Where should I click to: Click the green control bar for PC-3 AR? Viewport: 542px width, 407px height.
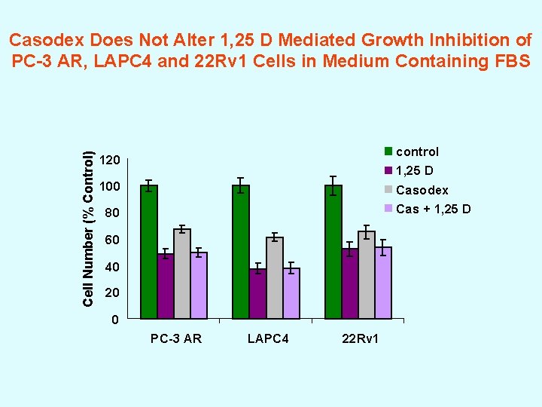pos(149,252)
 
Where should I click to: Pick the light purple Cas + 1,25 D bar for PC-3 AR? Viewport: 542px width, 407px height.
pos(199,286)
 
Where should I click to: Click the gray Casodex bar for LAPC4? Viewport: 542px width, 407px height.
pos(274,278)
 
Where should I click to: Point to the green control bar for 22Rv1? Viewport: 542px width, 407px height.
pos(333,252)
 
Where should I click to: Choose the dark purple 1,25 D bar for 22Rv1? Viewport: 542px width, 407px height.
pos(349,284)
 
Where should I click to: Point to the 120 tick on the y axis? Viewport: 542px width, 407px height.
pos(110,161)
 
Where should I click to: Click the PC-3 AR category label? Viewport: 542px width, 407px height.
pos(175,338)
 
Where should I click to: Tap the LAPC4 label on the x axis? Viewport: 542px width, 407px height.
pos(268,338)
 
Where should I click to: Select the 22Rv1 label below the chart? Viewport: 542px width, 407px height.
pos(361,338)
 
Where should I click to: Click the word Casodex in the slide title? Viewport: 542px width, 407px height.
pos(50,39)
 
